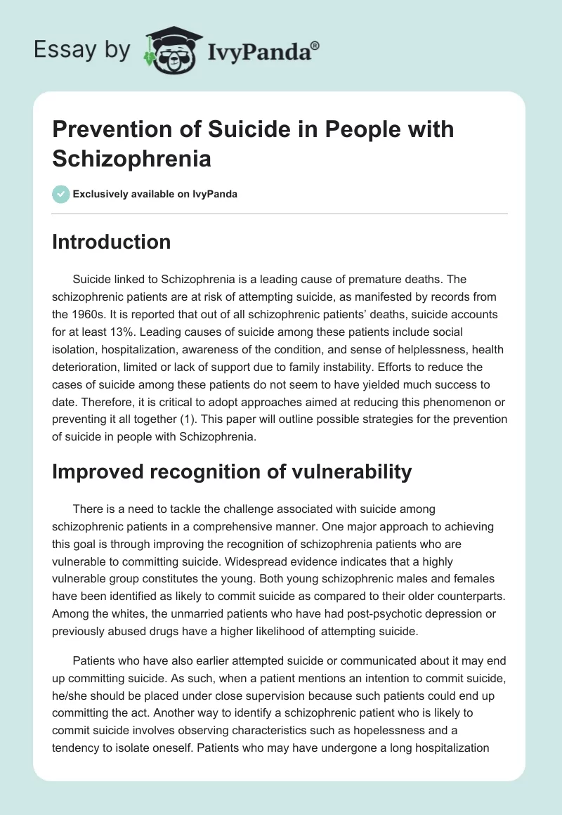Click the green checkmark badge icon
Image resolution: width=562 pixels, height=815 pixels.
[x=61, y=194]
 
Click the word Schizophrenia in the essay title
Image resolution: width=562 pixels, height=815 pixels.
[x=131, y=158]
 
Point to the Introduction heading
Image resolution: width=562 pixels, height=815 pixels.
[x=111, y=242]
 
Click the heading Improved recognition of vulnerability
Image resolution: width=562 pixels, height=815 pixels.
[x=231, y=471]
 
